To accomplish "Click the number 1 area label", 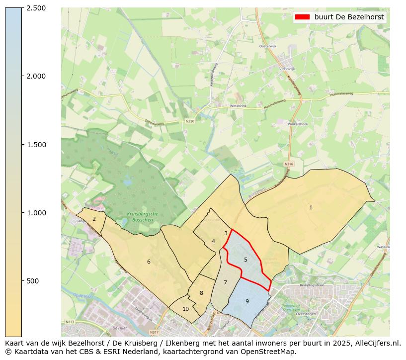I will pyautogui.click(x=311, y=207).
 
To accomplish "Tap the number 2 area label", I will pyautogui.click(x=94, y=219).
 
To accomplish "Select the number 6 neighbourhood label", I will pyautogui.click(x=149, y=262).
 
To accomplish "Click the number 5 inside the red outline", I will pyautogui.click(x=245, y=260).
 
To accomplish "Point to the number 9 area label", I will pyautogui.click(x=247, y=301).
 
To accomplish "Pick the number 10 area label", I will pyautogui.click(x=185, y=309).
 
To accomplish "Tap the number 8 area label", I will pyautogui.click(x=201, y=293).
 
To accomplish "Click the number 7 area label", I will pyautogui.click(x=225, y=282).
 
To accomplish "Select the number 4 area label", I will pyautogui.click(x=213, y=241).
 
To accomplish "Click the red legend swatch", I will pyautogui.click(x=302, y=17).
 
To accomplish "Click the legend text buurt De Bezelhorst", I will pyautogui.click(x=349, y=17).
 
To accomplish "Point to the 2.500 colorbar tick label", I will pyautogui.click(x=36, y=8).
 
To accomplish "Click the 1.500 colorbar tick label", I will pyautogui.click(x=36, y=145).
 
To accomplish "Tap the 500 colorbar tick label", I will pyautogui.click(x=33, y=281).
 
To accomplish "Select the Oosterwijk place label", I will pyautogui.click(x=267, y=46).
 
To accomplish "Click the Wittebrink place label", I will pyautogui.click(x=238, y=106).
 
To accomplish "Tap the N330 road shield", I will pyautogui.click(x=190, y=121).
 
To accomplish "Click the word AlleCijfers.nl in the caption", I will pyautogui.click(x=376, y=343).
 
